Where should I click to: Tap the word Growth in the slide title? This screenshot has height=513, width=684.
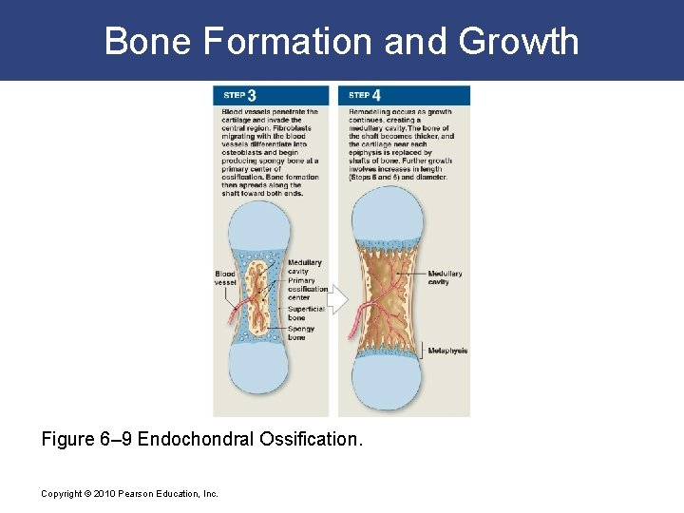pyautogui.click(x=519, y=41)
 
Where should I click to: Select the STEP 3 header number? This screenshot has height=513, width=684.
pyautogui.click(x=252, y=95)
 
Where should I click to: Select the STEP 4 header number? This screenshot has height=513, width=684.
pyautogui.click(x=377, y=95)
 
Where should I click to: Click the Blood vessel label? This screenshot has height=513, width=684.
pyautogui.click(x=225, y=278)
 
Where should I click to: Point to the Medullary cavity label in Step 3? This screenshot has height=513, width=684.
pyautogui.click(x=304, y=267)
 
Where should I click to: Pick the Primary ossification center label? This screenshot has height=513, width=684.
pyautogui.click(x=307, y=289)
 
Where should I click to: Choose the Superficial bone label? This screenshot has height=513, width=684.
pyautogui.click(x=305, y=313)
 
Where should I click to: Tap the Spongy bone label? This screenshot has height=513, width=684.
pyautogui.click(x=301, y=333)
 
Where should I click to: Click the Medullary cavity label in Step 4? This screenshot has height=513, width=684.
pyautogui.click(x=445, y=277)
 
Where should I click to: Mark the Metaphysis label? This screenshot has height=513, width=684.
pyautogui.click(x=447, y=351)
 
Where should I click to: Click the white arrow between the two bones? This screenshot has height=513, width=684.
pyautogui.click(x=339, y=298)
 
